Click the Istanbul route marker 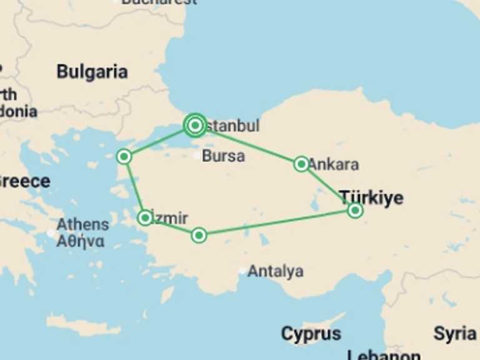tap(196, 126)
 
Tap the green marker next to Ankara tap(301, 164)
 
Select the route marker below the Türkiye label tap(355, 210)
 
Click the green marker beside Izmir tap(145, 217)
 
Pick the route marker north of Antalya tap(199, 235)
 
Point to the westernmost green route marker tap(124, 156)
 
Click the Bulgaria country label tap(92, 72)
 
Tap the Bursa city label tap(223, 156)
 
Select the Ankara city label tap(334, 164)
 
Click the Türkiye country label tap(371, 198)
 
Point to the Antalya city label tap(276, 271)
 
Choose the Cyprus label tap(311, 334)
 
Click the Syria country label tap(454, 334)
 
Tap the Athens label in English tap(82, 224)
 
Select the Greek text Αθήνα tap(81, 241)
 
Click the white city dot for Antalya tap(242, 271)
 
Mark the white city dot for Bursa tap(197, 155)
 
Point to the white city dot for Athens tap(51, 232)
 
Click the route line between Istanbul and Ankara tap(250, 145)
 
